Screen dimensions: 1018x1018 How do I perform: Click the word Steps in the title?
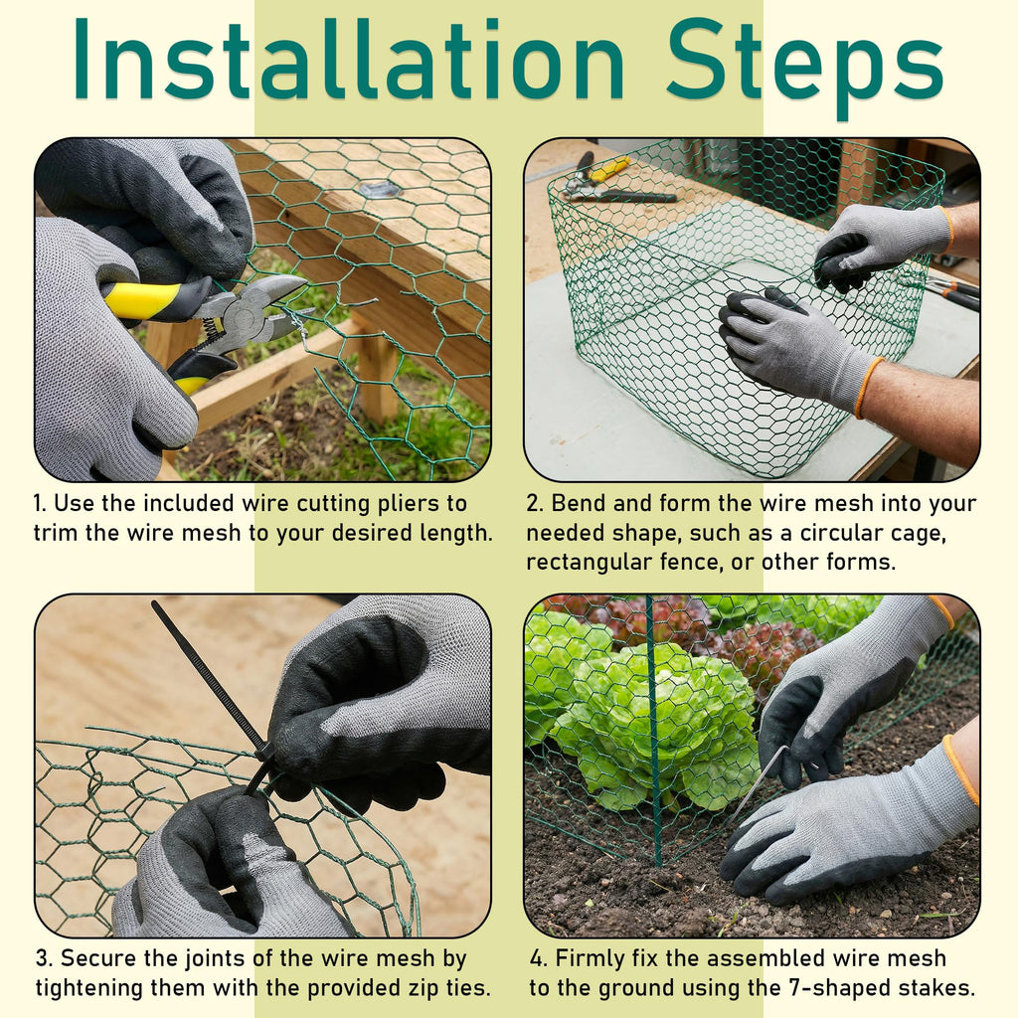(x=804, y=69)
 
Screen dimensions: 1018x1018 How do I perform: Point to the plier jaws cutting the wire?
(x=272, y=305)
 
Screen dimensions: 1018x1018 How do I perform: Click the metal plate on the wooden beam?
(x=379, y=189)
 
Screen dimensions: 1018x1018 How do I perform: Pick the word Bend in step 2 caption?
(x=579, y=503)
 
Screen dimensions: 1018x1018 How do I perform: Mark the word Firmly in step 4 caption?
(x=590, y=959)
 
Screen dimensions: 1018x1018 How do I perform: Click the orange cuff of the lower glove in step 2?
(x=866, y=388)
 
